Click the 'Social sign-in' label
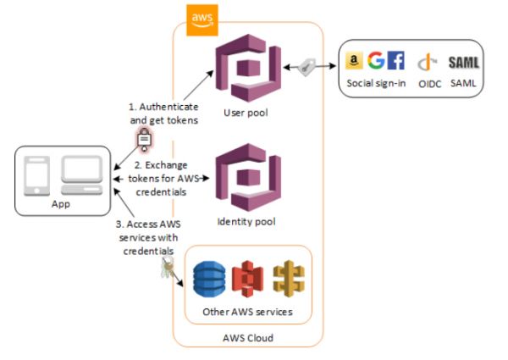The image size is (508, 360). (x=377, y=83)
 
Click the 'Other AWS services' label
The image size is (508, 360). (x=247, y=313)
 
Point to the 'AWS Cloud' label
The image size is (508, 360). (x=248, y=337)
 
